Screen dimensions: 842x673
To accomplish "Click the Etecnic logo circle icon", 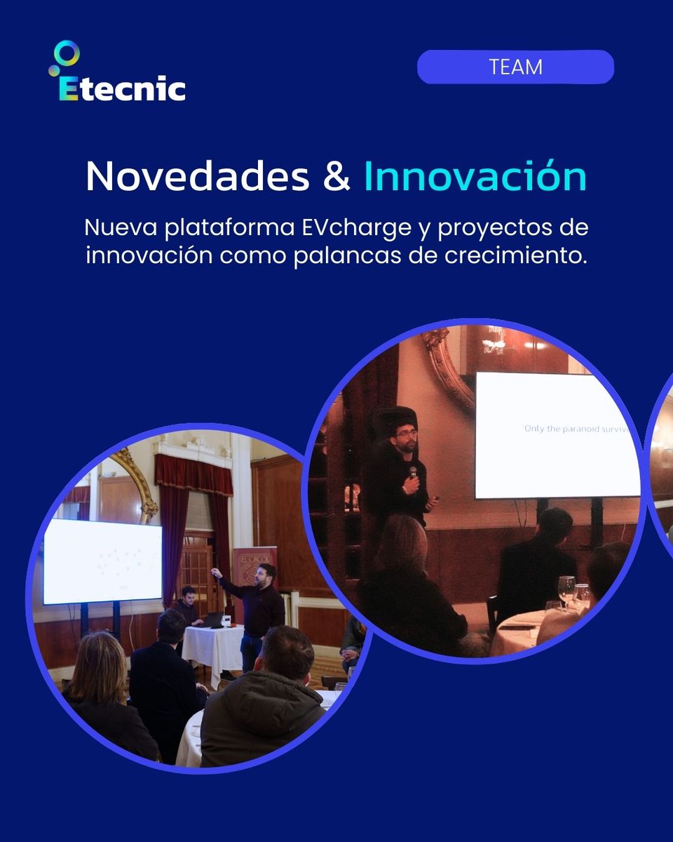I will click(67, 53).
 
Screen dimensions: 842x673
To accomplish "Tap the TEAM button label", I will click(516, 67).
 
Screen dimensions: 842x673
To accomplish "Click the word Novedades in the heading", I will click(197, 178).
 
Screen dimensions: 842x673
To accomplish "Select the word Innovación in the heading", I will click(475, 178).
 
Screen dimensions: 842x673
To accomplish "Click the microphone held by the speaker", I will click(413, 474).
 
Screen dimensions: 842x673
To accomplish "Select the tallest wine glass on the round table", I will click(566, 589).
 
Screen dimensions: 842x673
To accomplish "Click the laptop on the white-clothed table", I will click(212, 620).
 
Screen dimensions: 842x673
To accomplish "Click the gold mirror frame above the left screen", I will click(137, 484).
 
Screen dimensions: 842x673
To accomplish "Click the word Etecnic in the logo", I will click(123, 89).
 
